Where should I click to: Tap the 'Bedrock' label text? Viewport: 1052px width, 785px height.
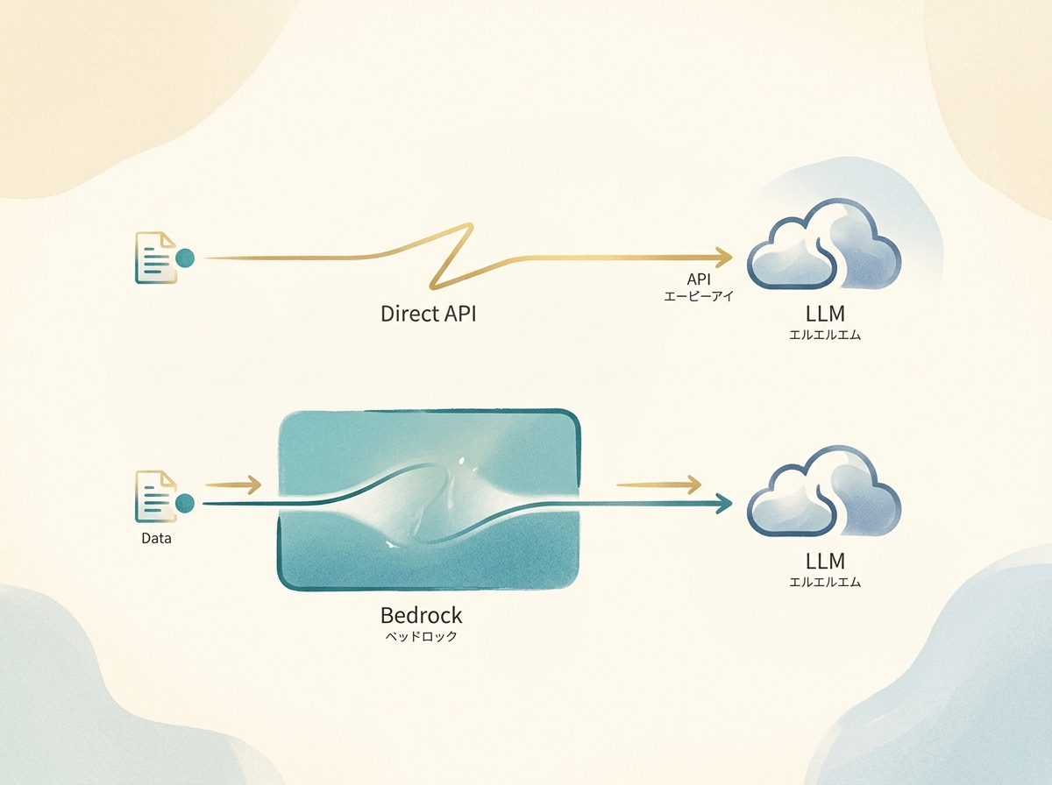421,615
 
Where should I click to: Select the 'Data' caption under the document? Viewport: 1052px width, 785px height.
156,538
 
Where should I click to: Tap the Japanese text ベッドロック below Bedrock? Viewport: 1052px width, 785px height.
421,637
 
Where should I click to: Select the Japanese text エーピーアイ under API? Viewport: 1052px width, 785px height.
699,297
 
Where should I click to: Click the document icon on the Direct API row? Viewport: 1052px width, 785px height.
155,258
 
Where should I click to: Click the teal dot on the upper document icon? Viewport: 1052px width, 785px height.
185,258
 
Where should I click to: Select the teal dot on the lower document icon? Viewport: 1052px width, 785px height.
185,503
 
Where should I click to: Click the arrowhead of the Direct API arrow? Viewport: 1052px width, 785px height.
724,257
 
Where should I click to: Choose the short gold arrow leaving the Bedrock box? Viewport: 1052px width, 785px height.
659,484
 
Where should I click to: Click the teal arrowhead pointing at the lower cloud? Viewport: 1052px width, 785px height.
724,503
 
